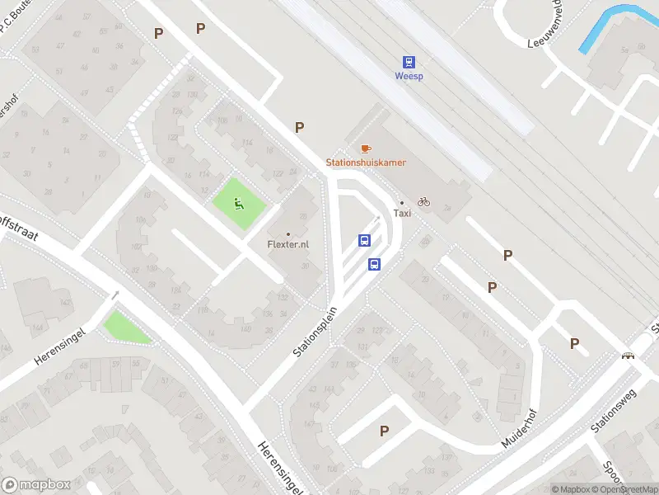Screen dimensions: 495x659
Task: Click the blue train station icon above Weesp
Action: (x=409, y=62)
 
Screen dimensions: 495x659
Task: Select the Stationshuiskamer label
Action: (x=366, y=163)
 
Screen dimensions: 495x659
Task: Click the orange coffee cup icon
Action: (x=366, y=148)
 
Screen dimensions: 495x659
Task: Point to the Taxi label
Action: (x=402, y=213)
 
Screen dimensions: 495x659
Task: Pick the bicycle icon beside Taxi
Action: (x=423, y=201)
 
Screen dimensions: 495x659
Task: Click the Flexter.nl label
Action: (x=288, y=244)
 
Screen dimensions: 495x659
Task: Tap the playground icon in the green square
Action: (x=239, y=204)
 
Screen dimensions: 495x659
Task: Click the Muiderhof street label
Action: (x=519, y=429)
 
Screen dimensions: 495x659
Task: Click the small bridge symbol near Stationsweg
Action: (x=629, y=356)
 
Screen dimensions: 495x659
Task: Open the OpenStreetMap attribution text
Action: (x=625, y=489)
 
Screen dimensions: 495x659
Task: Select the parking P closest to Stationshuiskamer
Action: (x=300, y=127)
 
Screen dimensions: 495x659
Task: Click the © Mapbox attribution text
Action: (x=571, y=489)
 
